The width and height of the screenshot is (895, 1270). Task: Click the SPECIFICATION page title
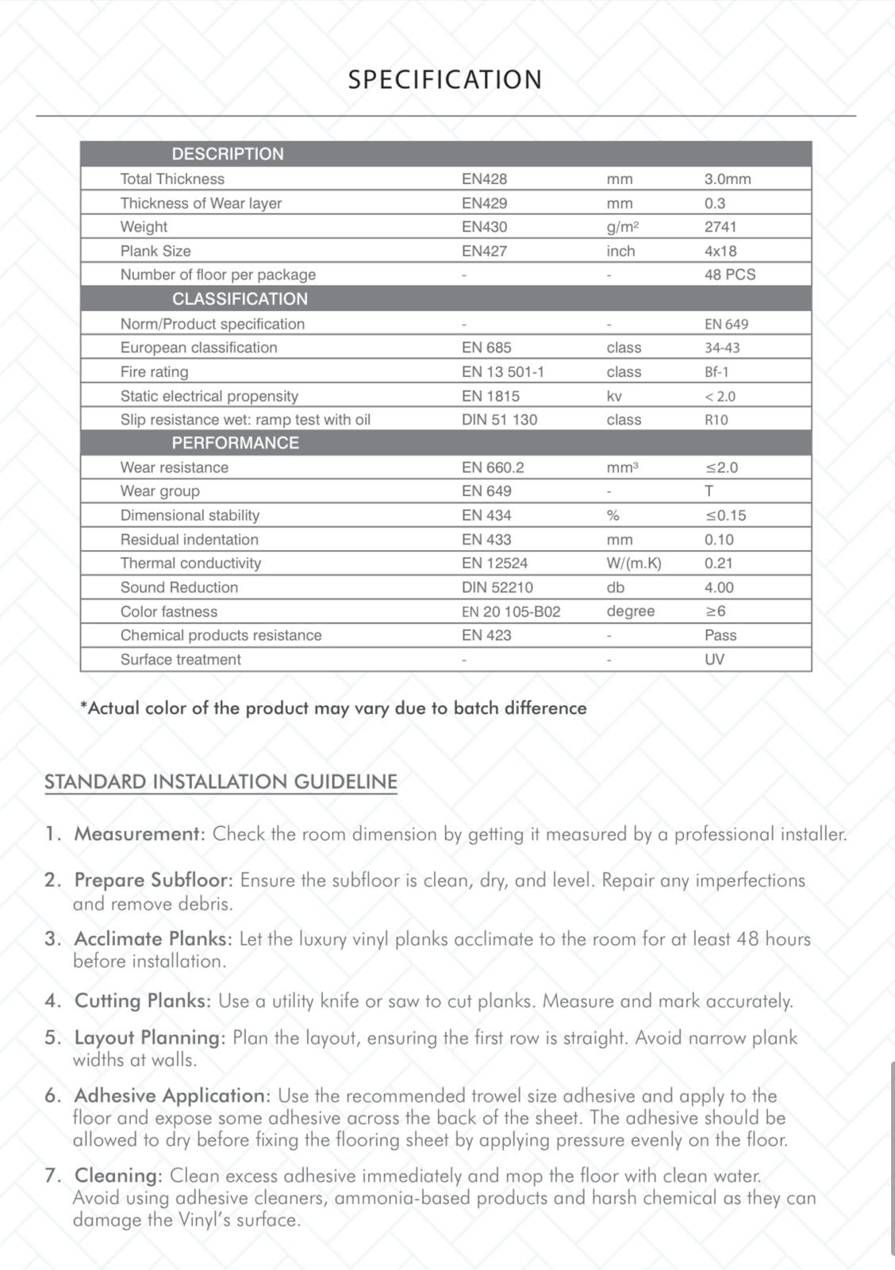(x=445, y=79)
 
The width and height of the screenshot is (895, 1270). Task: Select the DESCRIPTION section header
(x=228, y=154)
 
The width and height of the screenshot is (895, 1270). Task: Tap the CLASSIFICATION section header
(x=240, y=298)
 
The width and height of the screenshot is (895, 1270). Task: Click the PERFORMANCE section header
(x=236, y=443)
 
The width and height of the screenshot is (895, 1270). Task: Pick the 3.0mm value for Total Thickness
(x=727, y=179)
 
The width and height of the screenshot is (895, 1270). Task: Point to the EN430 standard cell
(x=484, y=227)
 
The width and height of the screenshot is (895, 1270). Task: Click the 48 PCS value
(x=730, y=275)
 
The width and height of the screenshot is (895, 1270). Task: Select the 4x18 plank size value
(x=720, y=251)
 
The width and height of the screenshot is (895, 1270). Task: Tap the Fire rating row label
(x=154, y=371)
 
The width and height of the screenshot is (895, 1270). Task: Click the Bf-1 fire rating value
(x=716, y=371)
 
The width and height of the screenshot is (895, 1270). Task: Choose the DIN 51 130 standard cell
(x=499, y=419)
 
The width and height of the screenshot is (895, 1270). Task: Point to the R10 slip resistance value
(x=716, y=419)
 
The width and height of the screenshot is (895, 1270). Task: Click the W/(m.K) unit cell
(x=633, y=563)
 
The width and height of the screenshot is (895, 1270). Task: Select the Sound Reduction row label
(x=179, y=587)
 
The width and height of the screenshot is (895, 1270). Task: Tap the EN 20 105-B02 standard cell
(x=511, y=611)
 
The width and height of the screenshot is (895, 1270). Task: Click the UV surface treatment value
(x=714, y=659)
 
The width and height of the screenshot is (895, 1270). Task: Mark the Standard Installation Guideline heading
(x=221, y=782)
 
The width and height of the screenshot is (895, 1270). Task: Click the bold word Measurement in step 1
(x=140, y=834)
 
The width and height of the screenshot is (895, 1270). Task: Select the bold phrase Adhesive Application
(x=172, y=1095)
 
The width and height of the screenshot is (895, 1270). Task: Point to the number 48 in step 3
(x=747, y=939)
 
